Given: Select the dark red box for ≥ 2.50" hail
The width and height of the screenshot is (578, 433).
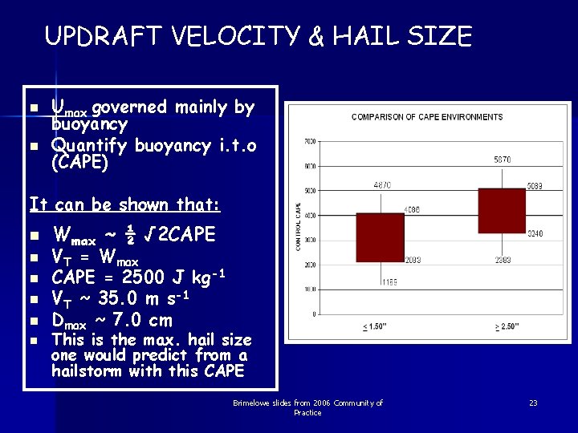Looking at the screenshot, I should point(501,211).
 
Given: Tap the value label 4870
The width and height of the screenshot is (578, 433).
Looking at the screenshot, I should point(382,185).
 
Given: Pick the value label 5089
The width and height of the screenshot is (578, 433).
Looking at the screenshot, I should point(534,186).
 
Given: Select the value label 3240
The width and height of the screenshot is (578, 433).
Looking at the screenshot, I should point(534,234).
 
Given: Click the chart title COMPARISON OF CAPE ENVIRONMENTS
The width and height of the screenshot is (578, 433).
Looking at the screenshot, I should point(427,117).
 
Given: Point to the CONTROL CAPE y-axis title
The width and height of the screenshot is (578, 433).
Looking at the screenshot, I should point(299,227).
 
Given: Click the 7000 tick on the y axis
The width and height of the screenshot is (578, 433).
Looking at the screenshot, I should point(309,142).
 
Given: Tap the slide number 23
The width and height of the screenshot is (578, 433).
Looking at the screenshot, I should point(532,403).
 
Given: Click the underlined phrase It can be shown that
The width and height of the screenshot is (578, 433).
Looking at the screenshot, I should point(124,204).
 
